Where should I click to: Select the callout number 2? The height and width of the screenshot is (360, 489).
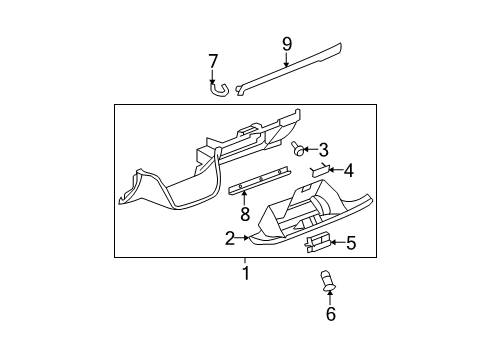pos(230,238)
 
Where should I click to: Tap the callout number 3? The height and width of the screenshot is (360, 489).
pos(324,150)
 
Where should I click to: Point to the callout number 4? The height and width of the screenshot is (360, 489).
pos(348,170)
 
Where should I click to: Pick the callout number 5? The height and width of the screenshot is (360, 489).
pos(351,241)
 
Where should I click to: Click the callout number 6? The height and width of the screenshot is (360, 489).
pos(331,315)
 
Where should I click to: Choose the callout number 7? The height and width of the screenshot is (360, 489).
pos(212,62)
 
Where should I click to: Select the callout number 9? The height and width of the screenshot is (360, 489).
pos(287,43)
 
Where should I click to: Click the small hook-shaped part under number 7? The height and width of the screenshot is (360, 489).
pos(218,90)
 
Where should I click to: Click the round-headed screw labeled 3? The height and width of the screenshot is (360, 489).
pos(298,150)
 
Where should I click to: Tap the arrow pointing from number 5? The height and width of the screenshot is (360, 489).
pos(337,241)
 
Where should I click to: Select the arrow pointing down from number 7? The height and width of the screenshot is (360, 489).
pos(212,76)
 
